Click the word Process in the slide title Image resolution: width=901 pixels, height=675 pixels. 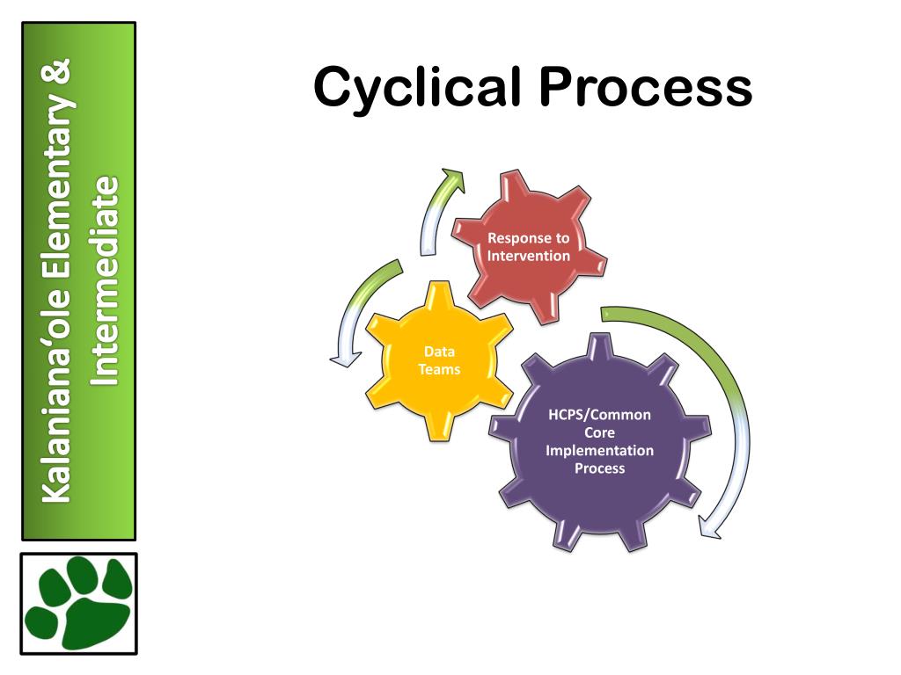(x=646, y=89)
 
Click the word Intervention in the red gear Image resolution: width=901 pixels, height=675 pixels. (x=529, y=256)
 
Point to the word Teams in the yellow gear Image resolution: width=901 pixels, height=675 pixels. (x=438, y=369)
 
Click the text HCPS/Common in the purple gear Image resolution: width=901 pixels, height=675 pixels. (x=599, y=415)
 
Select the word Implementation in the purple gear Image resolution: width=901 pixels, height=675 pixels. (x=599, y=450)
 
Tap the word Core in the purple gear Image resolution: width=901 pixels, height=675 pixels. (x=599, y=432)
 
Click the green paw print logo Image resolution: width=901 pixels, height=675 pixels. (x=79, y=603)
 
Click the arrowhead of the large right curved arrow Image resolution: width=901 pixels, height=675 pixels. (x=709, y=526)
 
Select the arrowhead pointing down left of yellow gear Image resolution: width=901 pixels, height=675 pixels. (x=341, y=357)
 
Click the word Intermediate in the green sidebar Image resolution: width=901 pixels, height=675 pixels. (x=105, y=281)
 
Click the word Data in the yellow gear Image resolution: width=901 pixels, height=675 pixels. (x=438, y=352)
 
